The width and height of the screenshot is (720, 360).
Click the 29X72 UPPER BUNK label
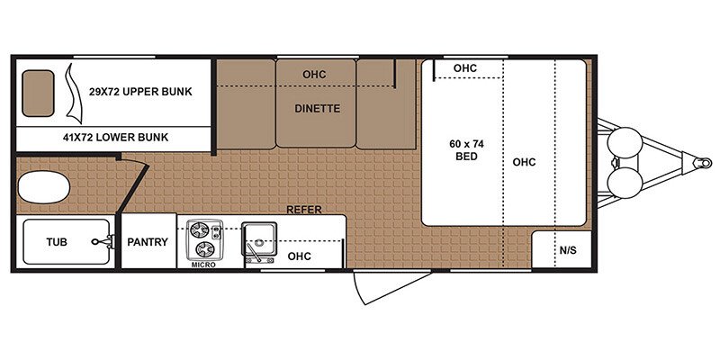(x=140, y=92)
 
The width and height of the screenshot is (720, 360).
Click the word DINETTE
(x=317, y=108)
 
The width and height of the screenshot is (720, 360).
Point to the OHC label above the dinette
(x=314, y=74)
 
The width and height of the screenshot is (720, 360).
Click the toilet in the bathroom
(x=43, y=190)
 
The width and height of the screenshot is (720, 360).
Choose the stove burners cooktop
(x=202, y=238)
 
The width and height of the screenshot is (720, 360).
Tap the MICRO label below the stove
(x=202, y=265)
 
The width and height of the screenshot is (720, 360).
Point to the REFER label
(x=303, y=209)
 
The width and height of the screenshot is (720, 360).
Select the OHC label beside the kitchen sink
(x=299, y=256)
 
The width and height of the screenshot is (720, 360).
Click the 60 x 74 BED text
(x=463, y=149)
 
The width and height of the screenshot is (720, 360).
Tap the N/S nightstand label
(x=568, y=250)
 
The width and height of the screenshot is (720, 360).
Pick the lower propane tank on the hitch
(x=623, y=184)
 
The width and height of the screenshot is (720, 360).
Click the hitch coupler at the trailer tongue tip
(x=697, y=164)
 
